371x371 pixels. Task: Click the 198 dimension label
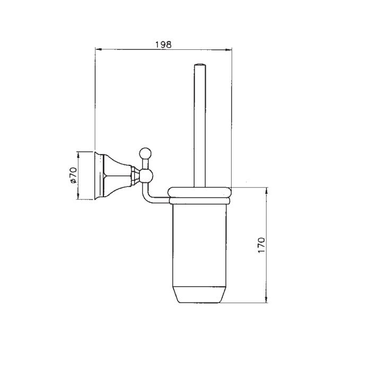coord(163,45)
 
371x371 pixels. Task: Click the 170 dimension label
coord(261,245)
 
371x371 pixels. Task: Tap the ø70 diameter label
coord(73,175)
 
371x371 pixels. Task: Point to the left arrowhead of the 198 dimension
coord(99,49)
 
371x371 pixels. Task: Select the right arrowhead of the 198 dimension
coord(228,50)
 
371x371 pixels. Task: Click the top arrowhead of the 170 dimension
coord(267,191)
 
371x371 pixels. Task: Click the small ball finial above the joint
coord(145,153)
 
